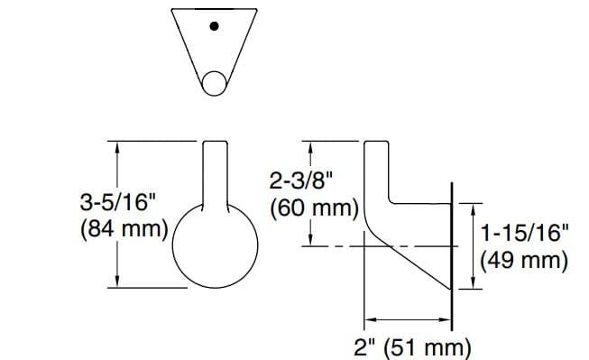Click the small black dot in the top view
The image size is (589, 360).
pyautogui.click(x=213, y=25)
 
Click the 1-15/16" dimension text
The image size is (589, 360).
pyautogui.click(x=524, y=234)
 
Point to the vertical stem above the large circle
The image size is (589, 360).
pyautogui.click(x=215, y=171)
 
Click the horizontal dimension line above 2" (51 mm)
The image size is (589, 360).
pyautogui.click(x=406, y=319)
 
